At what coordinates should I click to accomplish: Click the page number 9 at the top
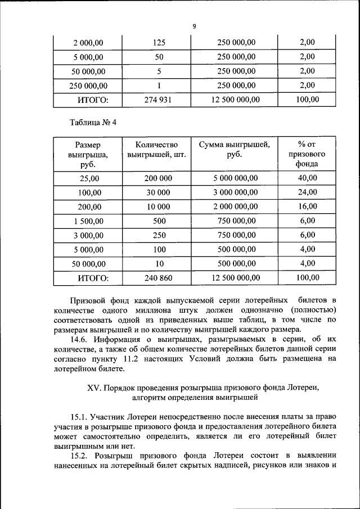(x=194, y=26)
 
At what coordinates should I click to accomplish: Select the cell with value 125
(x=160, y=42)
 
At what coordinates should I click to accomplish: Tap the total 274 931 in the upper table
(x=160, y=100)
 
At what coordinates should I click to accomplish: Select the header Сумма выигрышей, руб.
(x=235, y=149)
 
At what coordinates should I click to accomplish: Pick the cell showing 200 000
(x=159, y=178)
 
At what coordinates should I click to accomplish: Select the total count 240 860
(x=159, y=278)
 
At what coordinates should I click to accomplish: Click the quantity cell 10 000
(x=159, y=206)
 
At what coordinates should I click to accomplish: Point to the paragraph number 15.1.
(x=80, y=417)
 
